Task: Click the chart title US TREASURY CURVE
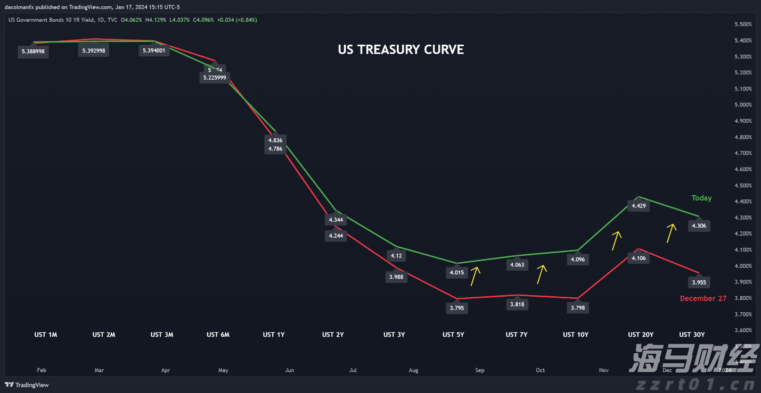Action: pyautogui.click(x=400, y=49)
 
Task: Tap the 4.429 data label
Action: pyautogui.click(x=638, y=206)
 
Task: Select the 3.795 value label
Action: pyautogui.click(x=456, y=307)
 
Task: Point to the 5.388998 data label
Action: pyautogui.click(x=34, y=52)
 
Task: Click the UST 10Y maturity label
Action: pyautogui.click(x=576, y=335)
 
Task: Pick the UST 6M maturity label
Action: pyautogui.click(x=218, y=335)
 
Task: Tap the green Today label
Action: pyautogui.click(x=701, y=198)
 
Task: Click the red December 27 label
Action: pyautogui.click(x=703, y=298)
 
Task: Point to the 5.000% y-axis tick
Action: pyautogui.click(x=743, y=105)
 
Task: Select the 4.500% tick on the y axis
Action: pyautogui.click(x=743, y=186)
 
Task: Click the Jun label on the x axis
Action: pyautogui.click(x=290, y=370)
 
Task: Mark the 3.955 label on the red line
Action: pyautogui.click(x=699, y=282)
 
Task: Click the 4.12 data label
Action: pyautogui.click(x=396, y=256)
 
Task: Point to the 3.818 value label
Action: pyautogui.click(x=517, y=305)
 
